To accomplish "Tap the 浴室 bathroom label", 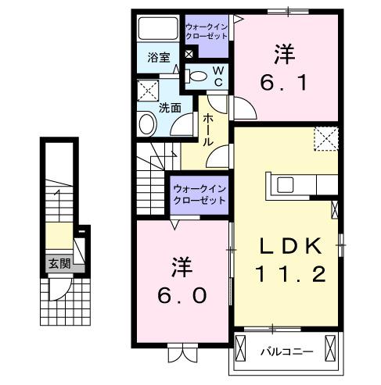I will pos(160,57).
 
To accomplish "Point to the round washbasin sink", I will pos(146,123).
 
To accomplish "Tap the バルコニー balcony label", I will pos(286,351).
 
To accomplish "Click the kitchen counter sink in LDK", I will pos(285,185).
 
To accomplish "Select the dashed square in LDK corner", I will pos(325,138).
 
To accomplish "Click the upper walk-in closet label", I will pos(207,32).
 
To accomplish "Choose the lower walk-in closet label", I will pos(199,194).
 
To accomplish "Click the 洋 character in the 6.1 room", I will pos(284,54).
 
